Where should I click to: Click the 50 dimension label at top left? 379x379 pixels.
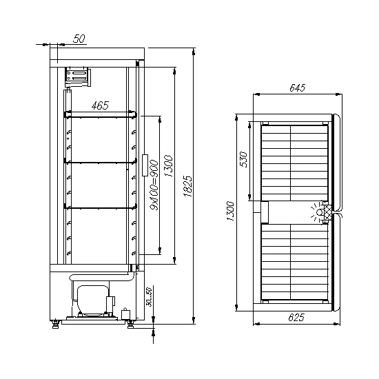[79, 39]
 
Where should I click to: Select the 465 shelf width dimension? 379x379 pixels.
[100, 105]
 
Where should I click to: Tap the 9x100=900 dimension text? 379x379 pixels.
[154, 185]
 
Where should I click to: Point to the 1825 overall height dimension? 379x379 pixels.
[188, 186]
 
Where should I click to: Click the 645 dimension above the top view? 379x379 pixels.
[298, 88]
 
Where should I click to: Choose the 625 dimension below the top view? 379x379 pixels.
[296, 317]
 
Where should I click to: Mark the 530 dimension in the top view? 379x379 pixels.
[243, 160]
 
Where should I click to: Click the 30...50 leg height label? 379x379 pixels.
[150, 297]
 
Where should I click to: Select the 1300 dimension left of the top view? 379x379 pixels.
[230, 211]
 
